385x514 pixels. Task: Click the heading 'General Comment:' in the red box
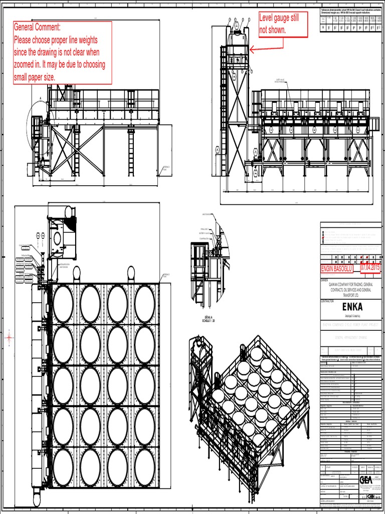click(x=37, y=27)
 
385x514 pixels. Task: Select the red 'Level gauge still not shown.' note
click(x=282, y=24)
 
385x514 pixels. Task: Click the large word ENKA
click(x=350, y=307)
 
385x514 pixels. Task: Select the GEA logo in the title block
click(x=366, y=480)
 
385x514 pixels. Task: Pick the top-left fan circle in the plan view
click(x=63, y=304)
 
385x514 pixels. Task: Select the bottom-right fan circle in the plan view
click(x=144, y=467)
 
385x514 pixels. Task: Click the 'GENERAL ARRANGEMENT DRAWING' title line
click(x=350, y=338)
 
